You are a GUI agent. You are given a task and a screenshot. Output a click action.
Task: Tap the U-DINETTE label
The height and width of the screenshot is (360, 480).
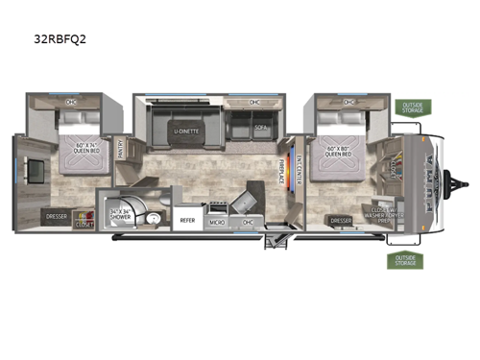[188, 131]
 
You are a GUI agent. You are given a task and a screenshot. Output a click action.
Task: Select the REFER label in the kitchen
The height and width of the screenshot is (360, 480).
[188, 220]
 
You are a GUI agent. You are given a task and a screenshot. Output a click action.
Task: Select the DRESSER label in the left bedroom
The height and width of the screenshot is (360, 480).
[56, 216]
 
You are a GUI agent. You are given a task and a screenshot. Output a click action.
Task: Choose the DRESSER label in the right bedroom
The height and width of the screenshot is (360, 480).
[341, 220]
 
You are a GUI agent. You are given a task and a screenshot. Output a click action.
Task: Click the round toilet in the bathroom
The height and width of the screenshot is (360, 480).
[152, 219]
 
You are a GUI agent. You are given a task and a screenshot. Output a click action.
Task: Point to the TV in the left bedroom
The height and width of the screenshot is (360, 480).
[34, 172]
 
